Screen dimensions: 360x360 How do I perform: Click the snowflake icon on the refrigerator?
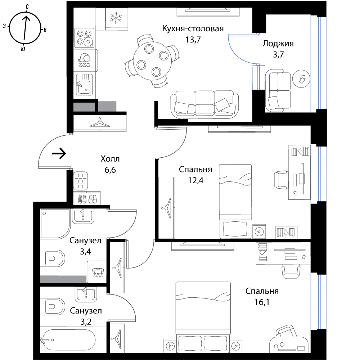pyautogui.click(x=116, y=18)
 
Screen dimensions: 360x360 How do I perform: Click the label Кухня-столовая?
pyautogui.click(x=193, y=29)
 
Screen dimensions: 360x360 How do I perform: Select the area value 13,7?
pyautogui.click(x=193, y=40)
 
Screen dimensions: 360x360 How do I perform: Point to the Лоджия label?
pyautogui.click(x=278, y=44)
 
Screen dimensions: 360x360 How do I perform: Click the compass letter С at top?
pyautogui.click(x=27, y=6)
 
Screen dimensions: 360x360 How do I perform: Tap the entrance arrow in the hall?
pyautogui.click(x=59, y=153)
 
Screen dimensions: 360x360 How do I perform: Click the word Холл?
pyautogui.click(x=110, y=159)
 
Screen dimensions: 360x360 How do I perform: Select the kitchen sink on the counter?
pyautogui.click(x=84, y=84)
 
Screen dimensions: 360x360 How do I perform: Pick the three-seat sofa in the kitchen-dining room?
pyautogui.click(x=204, y=104)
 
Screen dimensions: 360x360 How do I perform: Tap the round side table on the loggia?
pyautogui.click(x=301, y=79)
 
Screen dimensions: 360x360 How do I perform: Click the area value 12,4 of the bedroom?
pyautogui.click(x=195, y=180)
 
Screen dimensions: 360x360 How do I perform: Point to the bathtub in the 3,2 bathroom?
pyautogui.click(x=68, y=340)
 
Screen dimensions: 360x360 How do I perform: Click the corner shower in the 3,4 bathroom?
pyautogui.click(x=55, y=224)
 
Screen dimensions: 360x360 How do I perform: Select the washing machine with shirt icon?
pyautogui.click(x=96, y=272)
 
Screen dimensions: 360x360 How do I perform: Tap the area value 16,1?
pyautogui.click(x=262, y=302)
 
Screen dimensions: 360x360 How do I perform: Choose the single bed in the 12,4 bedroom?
pyautogui.click(x=235, y=201)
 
